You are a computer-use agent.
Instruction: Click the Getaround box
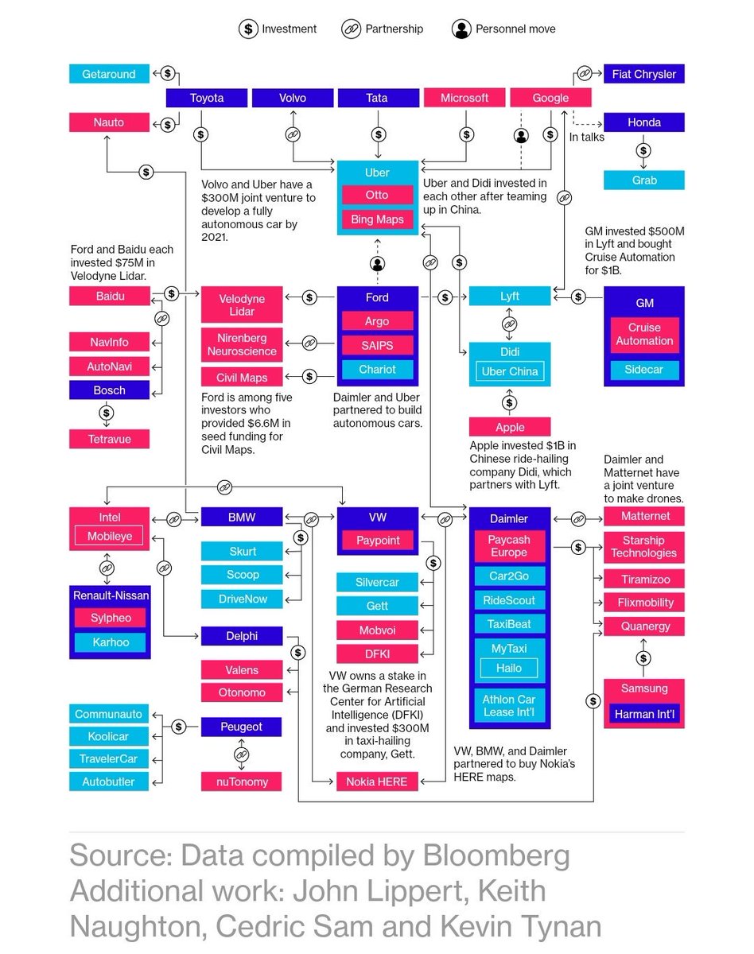pyautogui.click(x=109, y=74)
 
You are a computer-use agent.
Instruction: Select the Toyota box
pyautogui.click(x=207, y=98)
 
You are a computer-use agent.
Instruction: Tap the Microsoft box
pyautogui.click(x=464, y=98)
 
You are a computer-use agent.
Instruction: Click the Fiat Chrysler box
pyautogui.click(x=643, y=74)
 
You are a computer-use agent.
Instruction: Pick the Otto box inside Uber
pyautogui.click(x=377, y=196)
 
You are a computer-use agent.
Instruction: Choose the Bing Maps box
pyautogui.click(x=377, y=219)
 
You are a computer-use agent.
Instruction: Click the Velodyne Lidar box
pyautogui.click(x=242, y=305)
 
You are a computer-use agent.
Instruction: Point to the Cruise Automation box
pyautogui.click(x=644, y=334)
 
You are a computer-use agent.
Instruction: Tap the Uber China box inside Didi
pyautogui.click(x=510, y=371)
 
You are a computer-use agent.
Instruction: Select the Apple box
pyautogui.click(x=510, y=427)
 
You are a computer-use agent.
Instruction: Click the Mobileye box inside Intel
pyautogui.click(x=109, y=537)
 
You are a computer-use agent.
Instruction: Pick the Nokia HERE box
pyautogui.click(x=376, y=781)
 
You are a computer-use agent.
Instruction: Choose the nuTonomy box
pyautogui.click(x=243, y=781)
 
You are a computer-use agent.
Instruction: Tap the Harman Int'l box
pyautogui.click(x=644, y=715)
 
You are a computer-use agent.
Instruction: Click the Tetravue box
pyautogui.click(x=109, y=439)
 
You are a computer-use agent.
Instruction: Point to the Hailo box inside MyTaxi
pyautogui.click(x=509, y=668)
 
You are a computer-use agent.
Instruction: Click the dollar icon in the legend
pyautogui.click(x=248, y=29)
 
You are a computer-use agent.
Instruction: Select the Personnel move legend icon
pyautogui.click(x=461, y=29)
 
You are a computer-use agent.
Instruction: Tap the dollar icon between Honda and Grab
pyautogui.click(x=643, y=150)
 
